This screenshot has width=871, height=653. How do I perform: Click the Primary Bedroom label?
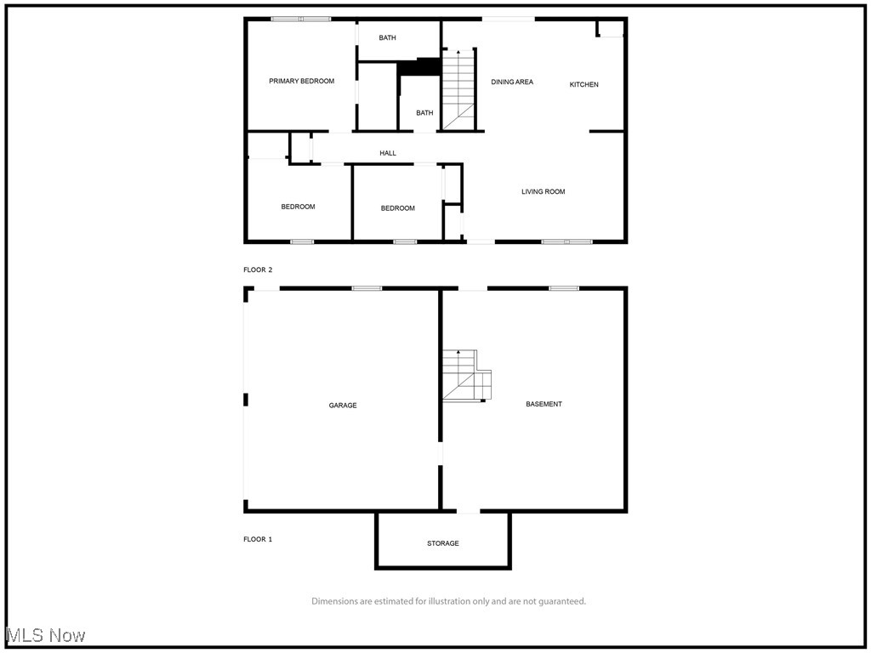pos(301,82)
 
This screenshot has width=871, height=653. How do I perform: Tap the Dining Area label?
pos(512,82)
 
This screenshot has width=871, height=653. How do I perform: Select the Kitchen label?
pos(584,85)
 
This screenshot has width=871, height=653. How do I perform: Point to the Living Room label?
pos(543,192)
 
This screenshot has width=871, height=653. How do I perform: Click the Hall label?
pos(388,154)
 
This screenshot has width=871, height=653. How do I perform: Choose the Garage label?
pos(343,406)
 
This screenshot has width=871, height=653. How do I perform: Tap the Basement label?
pos(544,405)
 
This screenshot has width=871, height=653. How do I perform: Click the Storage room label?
pos(442,543)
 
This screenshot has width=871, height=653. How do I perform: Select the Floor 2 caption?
pos(258,270)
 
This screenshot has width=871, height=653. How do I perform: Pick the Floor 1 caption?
pos(258,539)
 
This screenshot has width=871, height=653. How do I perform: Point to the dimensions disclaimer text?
pos(448,602)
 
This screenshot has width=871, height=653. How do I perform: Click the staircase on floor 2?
pos(458,89)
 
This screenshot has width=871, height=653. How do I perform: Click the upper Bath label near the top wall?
pos(387,38)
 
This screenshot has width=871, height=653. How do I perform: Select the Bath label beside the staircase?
pos(424,113)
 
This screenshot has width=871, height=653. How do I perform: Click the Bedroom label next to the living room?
pos(397,209)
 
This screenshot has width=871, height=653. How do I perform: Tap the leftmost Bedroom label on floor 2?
pos(298,207)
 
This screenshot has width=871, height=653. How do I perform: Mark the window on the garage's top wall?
pos(367,288)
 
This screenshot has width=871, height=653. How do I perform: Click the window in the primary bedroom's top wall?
pos(301,19)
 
